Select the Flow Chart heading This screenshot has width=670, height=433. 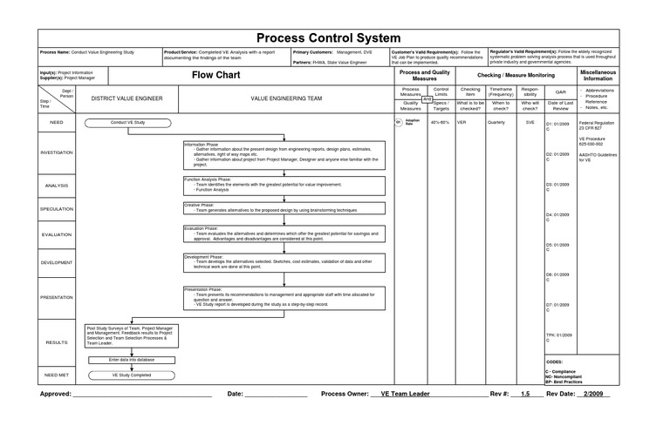[214, 76]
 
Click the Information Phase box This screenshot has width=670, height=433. [283, 154]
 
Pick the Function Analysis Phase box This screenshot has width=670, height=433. [283, 185]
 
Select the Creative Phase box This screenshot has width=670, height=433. [283, 208]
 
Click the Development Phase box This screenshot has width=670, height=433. [283, 263]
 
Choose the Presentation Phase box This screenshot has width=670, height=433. [283, 298]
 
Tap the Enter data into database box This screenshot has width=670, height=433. [132, 359]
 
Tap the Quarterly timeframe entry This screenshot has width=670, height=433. [496, 123]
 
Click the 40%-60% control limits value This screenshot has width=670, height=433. [440, 123]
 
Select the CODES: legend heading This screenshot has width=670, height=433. [554, 361]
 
